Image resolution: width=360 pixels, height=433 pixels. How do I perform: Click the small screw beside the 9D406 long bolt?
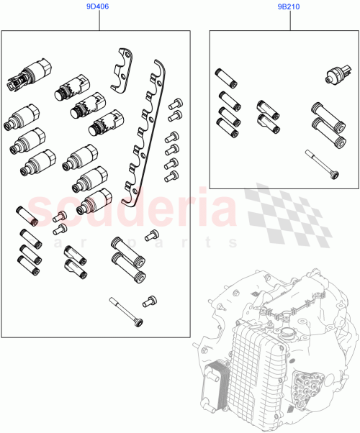coord(150,301)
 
